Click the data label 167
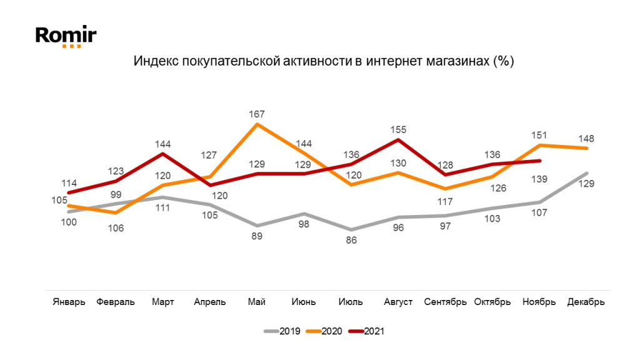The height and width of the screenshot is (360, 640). [256, 114]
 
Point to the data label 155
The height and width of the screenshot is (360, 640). [398, 130]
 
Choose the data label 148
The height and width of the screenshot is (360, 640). [586, 138]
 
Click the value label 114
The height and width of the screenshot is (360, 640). [69, 184]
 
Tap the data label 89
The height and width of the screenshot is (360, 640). [256, 236]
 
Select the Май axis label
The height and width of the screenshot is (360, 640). [256, 302]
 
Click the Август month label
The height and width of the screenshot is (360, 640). [398, 302]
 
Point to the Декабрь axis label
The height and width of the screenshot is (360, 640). [586, 302]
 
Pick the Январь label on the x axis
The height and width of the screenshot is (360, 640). [68, 302]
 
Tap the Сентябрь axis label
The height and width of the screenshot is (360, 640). [445, 302]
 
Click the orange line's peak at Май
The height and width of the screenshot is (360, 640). [257, 124]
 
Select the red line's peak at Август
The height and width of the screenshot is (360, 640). [398, 139]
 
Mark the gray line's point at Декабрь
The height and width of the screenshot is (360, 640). [586, 173]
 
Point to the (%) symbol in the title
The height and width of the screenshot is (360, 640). [502, 62]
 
